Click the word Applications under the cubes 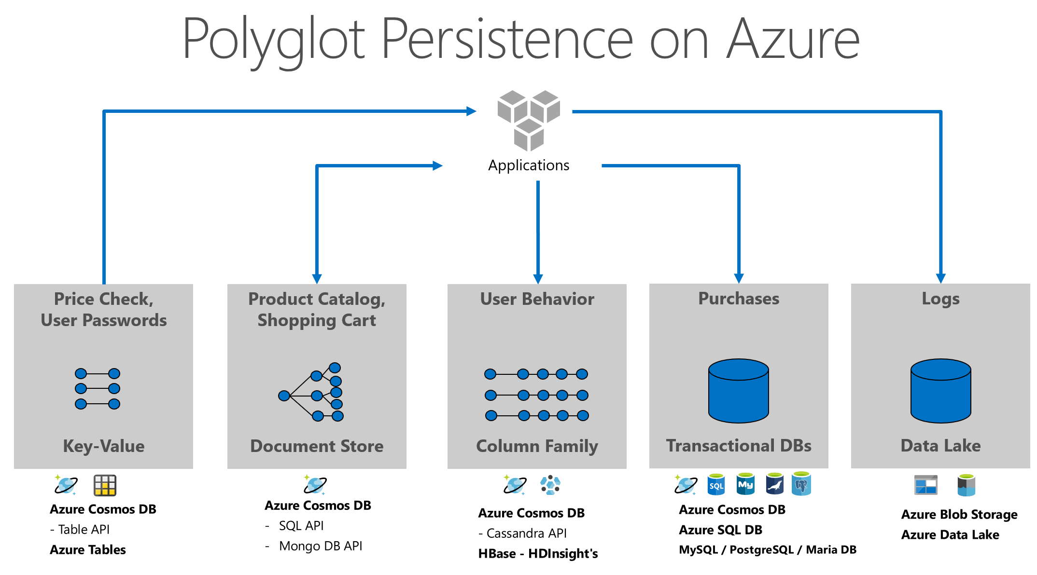[529, 165]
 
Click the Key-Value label [103, 446]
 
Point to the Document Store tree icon [312, 392]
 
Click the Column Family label [537, 446]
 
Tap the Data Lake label [940, 445]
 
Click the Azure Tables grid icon [105, 485]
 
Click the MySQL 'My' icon [745, 484]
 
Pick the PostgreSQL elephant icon [801, 484]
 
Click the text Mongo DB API [321, 546]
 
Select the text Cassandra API [526, 534]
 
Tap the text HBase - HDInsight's [538, 554]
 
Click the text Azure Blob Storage [959, 515]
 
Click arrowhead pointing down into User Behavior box [538, 279]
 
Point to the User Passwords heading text [103, 320]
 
